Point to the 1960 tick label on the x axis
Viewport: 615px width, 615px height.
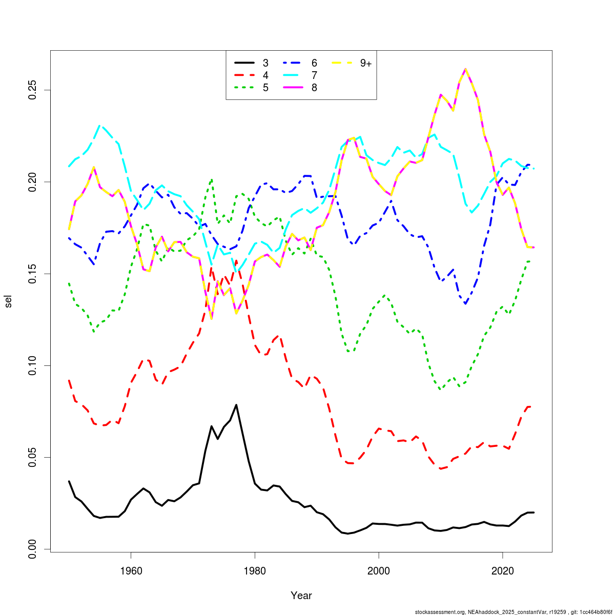[x=131, y=571]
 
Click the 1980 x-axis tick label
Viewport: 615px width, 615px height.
[x=255, y=571]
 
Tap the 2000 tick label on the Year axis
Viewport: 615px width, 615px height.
[x=379, y=571]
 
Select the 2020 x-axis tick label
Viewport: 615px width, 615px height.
[x=503, y=571]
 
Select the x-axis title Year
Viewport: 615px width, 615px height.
[x=301, y=596]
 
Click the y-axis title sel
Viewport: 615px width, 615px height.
[x=8, y=301]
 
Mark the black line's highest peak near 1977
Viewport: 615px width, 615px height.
[x=236, y=405]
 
